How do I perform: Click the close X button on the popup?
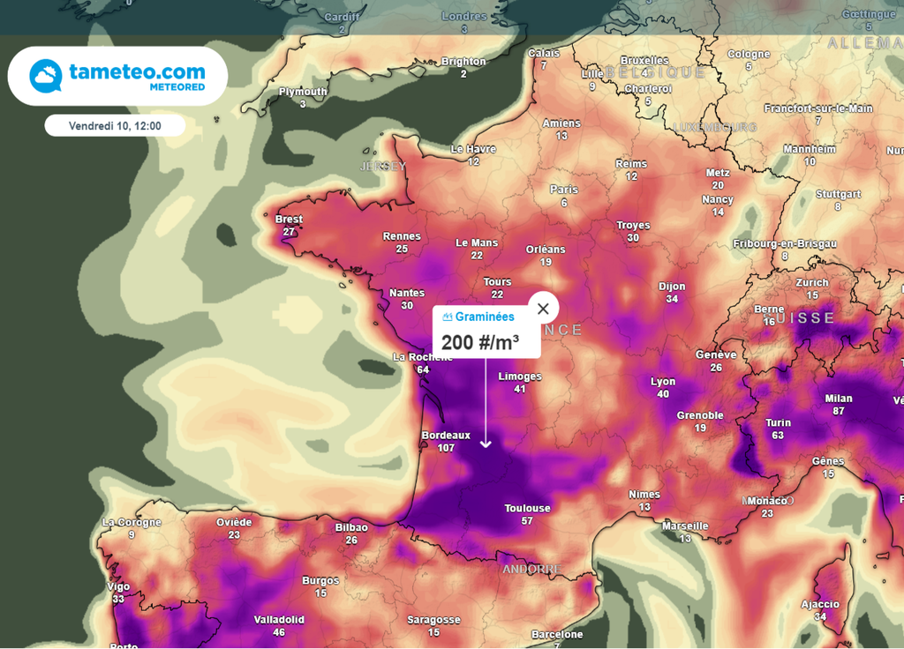543,308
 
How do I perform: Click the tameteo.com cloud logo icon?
45,77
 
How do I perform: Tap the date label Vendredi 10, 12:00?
115,126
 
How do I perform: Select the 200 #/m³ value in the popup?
479,342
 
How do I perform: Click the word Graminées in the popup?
485,317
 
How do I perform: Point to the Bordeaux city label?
446,436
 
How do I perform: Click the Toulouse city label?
527,508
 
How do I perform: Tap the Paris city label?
564,190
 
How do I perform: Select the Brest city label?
289,220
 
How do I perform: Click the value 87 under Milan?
838,411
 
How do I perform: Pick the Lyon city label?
663,382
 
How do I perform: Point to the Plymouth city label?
303,92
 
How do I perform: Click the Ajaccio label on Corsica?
820,604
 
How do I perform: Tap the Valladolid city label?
279,620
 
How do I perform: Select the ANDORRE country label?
531,570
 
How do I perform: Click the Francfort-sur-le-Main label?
818,108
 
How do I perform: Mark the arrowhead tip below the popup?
486,446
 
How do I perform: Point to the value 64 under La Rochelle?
423,369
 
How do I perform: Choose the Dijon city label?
672,287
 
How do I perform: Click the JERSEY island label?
382,166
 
